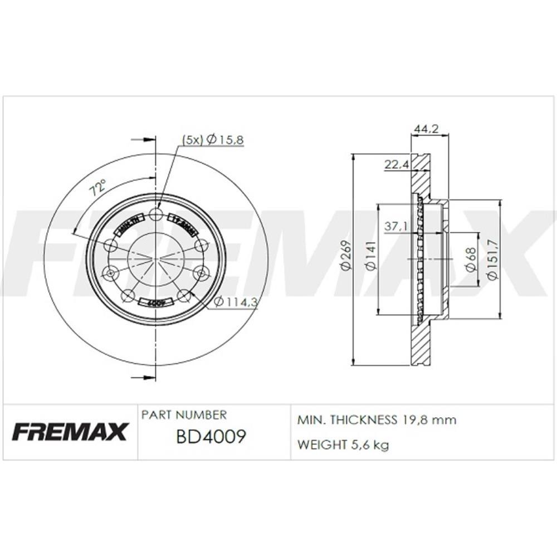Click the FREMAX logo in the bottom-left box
(x=70, y=431)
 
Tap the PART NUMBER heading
(x=184, y=415)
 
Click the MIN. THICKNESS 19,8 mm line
(x=377, y=420)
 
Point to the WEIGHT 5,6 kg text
(x=343, y=444)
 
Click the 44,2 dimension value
(x=426, y=129)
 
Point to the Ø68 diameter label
(x=471, y=260)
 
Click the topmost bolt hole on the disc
(x=157, y=215)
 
